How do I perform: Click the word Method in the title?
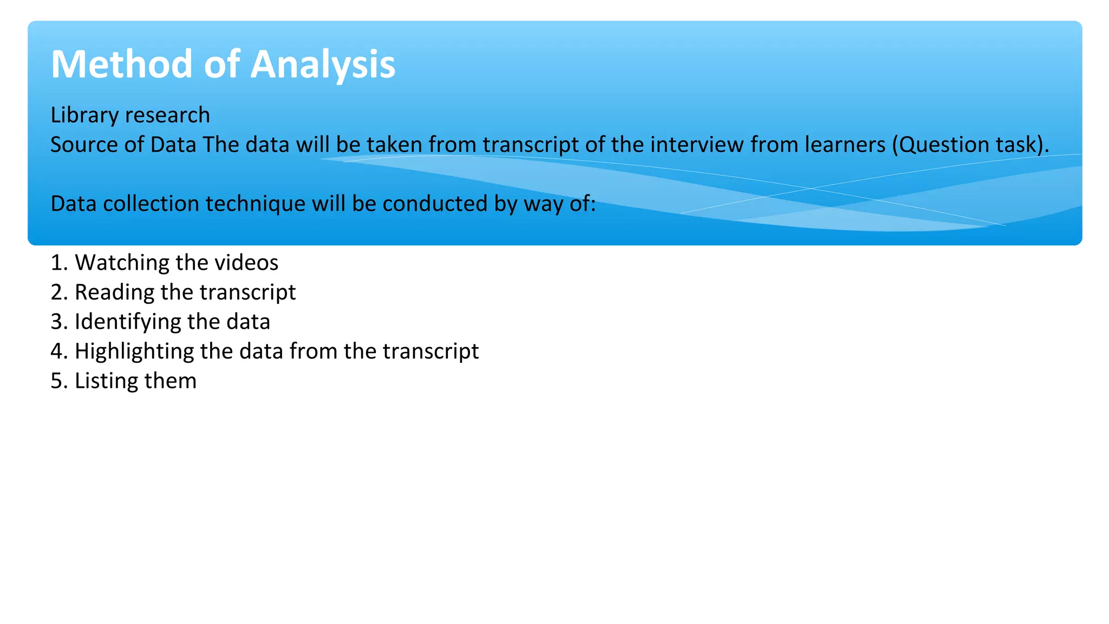pos(122,64)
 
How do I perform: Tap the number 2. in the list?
pos(59,292)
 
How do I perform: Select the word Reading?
pos(114,292)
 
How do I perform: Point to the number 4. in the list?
pos(59,351)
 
